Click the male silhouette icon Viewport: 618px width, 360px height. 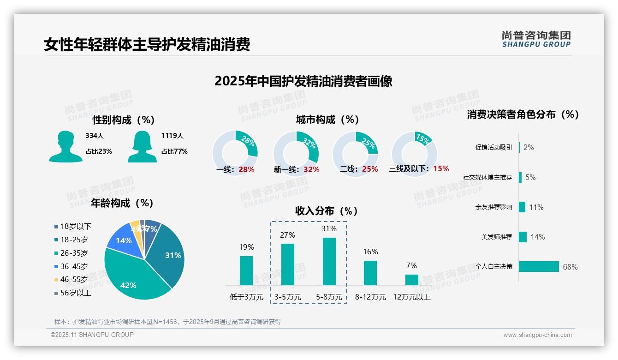[x=65, y=147]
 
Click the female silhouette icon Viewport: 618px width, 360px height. [x=142, y=147]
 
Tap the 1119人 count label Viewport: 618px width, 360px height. [x=172, y=136]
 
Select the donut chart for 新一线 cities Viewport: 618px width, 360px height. [x=296, y=154]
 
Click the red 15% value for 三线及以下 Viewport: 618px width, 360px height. [x=441, y=169]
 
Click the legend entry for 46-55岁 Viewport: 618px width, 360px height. [x=71, y=280]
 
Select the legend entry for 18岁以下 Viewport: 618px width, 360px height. [x=73, y=227]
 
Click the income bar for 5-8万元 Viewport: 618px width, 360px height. [x=329, y=261]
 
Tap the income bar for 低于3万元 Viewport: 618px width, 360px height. [x=246, y=270]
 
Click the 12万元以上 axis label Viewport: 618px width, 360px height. [x=411, y=297]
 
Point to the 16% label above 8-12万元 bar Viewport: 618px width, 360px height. [x=370, y=252]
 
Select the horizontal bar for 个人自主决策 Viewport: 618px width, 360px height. [x=539, y=267]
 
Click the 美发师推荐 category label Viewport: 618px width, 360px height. [x=496, y=237]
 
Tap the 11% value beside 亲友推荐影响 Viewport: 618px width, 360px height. [x=536, y=208]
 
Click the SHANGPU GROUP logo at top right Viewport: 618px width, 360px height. [x=536, y=39]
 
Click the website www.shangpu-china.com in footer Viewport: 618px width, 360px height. [x=537, y=335]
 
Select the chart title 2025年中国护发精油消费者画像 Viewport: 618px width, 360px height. [x=303, y=82]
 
